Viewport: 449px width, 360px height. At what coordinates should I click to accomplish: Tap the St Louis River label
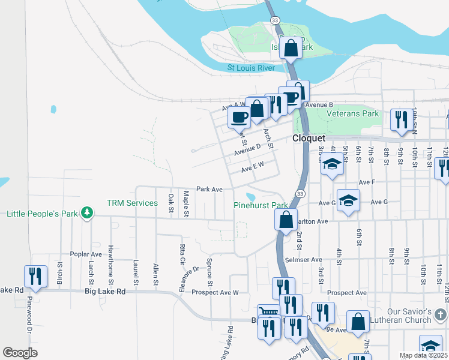(251, 68)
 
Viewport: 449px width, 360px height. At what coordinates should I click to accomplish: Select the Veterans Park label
(352, 113)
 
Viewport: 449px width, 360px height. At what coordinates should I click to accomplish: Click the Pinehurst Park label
(261, 205)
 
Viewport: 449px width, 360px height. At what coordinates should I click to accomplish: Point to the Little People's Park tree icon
(88, 213)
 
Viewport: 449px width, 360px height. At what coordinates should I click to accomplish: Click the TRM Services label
(132, 203)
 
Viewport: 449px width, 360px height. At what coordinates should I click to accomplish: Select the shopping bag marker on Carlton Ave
(286, 219)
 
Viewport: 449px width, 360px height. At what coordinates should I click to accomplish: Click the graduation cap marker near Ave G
(348, 201)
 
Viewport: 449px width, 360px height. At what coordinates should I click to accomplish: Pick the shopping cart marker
(268, 313)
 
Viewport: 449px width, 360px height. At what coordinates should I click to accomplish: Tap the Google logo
(20, 353)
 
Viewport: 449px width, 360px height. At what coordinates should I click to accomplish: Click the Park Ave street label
(209, 189)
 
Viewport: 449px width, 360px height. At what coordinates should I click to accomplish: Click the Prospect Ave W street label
(215, 293)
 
